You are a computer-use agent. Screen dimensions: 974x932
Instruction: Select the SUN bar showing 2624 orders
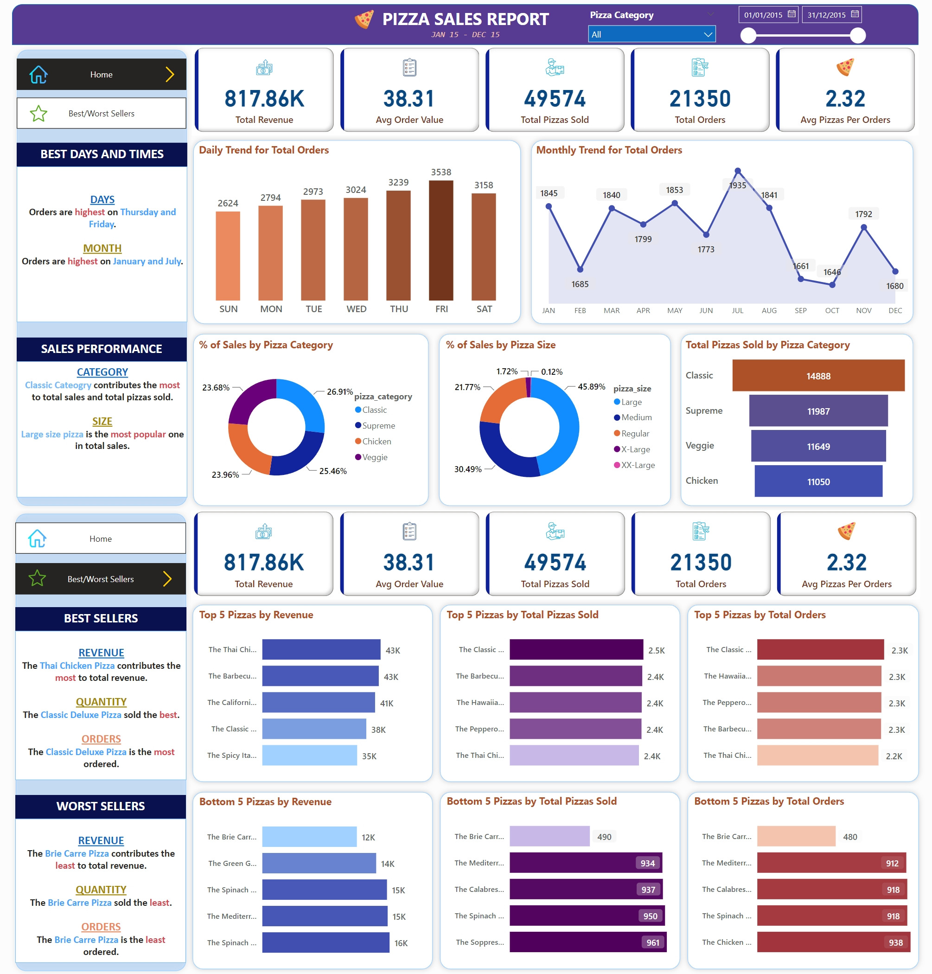click(228, 256)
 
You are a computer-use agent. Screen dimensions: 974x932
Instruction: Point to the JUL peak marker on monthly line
click(737, 171)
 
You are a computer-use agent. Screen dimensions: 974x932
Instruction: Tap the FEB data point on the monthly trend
click(580, 269)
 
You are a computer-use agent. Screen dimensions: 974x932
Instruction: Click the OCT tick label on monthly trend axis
click(832, 311)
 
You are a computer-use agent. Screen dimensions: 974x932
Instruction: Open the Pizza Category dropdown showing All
click(651, 34)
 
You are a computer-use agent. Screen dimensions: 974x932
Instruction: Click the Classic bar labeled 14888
click(818, 376)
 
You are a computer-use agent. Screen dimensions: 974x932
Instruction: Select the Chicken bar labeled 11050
click(818, 481)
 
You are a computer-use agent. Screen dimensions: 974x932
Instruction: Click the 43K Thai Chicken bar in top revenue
click(321, 649)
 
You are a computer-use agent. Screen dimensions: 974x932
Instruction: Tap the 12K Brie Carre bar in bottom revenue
click(309, 837)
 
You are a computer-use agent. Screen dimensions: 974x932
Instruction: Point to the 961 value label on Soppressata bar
click(652, 942)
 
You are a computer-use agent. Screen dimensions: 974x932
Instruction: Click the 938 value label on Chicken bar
click(895, 942)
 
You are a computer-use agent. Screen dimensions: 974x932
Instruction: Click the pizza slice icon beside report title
click(364, 19)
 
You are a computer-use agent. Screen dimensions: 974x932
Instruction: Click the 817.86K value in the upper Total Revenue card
click(264, 99)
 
